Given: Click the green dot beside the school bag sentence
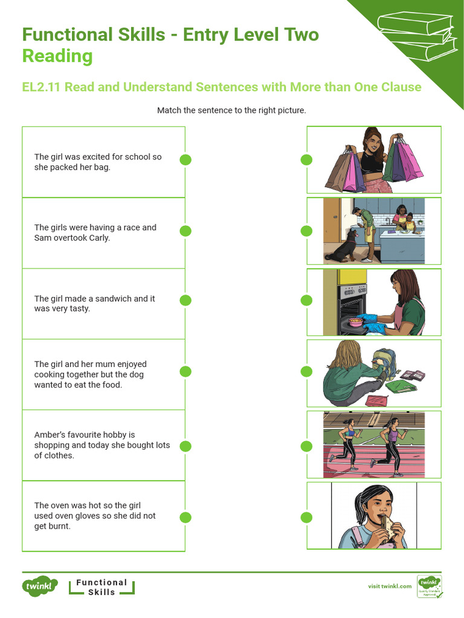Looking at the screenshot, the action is click(x=185, y=159).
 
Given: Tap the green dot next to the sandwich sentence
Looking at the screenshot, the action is click(x=185, y=301).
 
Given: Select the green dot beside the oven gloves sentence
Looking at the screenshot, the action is click(x=185, y=517).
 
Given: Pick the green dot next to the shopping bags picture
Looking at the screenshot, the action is click(x=306, y=159).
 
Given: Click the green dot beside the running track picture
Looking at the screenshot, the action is click(x=306, y=446).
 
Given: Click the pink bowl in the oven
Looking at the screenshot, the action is click(x=355, y=322).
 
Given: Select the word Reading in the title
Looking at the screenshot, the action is click(x=57, y=56).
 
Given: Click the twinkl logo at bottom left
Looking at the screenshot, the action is click(x=39, y=587).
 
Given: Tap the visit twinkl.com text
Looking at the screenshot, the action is click(x=390, y=586).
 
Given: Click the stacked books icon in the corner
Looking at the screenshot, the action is click(x=416, y=36).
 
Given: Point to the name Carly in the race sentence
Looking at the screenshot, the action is click(x=99, y=238).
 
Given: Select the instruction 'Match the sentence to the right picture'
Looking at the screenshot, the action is click(x=231, y=110).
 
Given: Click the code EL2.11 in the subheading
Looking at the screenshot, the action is click(x=41, y=87).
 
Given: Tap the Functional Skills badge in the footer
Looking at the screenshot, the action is click(x=101, y=587).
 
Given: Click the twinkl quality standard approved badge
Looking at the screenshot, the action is click(x=430, y=587).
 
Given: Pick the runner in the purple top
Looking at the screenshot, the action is click(x=390, y=445).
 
